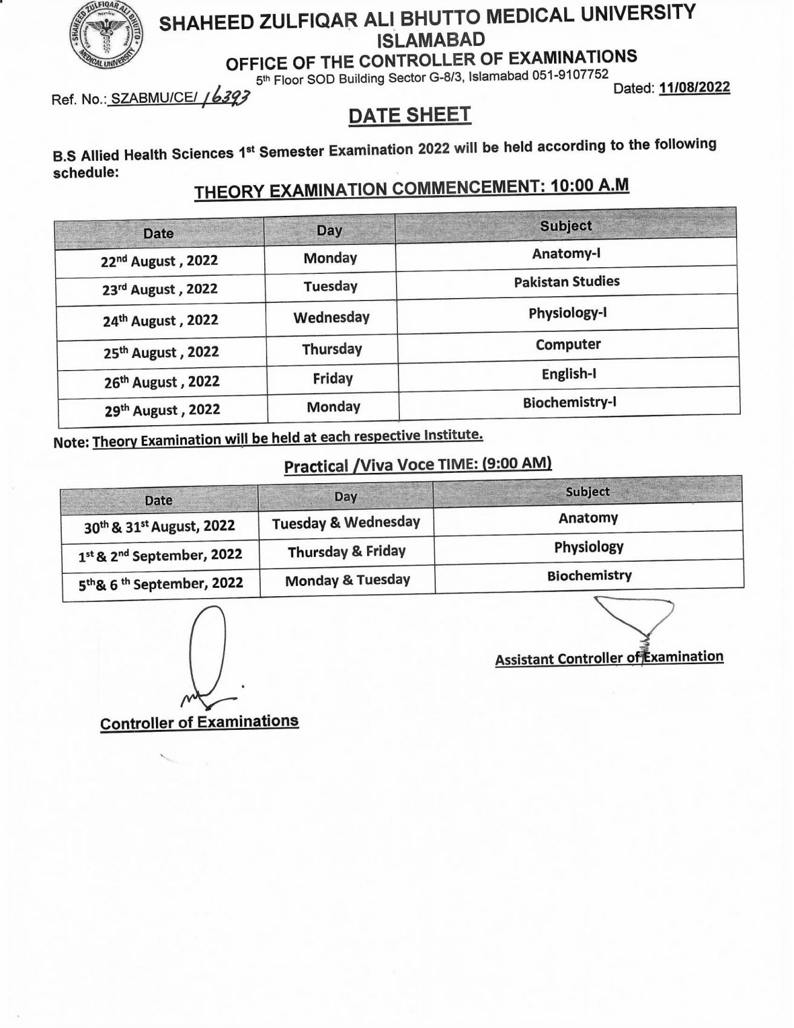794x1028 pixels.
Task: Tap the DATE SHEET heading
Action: click(409, 115)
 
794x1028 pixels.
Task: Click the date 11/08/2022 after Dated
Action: click(694, 88)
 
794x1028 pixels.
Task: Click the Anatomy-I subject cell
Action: click(566, 253)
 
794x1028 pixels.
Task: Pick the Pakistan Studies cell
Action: click(566, 282)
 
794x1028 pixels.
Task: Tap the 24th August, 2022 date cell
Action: click(160, 320)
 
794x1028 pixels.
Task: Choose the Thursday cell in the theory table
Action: click(331, 350)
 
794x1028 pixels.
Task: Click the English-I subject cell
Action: click(568, 374)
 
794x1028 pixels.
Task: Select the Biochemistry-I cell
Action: click(569, 403)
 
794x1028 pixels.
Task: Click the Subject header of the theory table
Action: click(565, 226)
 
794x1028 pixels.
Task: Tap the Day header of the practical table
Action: click(345, 497)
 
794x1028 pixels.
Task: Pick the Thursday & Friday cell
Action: click(347, 551)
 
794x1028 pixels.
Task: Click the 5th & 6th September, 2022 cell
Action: click(161, 584)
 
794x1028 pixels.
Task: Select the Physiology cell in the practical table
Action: click(588, 547)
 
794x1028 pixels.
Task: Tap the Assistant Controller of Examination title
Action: click(609, 658)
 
